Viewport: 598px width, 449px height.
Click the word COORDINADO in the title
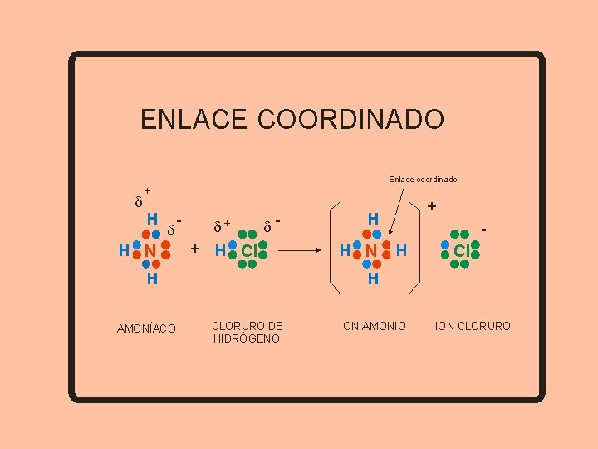[x=351, y=120]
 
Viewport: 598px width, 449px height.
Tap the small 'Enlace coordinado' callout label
[x=423, y=180]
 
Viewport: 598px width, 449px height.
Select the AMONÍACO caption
[x=146, y=329]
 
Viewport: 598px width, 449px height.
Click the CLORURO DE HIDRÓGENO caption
[x=247, y=332]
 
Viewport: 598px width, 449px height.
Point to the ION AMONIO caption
[x=373, y=326]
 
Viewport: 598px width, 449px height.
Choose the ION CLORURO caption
[x=473, y=326]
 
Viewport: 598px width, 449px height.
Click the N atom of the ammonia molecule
[x=150, y=250]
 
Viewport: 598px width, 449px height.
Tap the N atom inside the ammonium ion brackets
[x=372, y=249]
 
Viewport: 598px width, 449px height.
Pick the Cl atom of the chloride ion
[x=462, y=249]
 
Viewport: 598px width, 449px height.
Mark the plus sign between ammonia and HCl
[x=195, y=249]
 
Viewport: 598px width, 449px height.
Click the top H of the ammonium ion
[x=373, y=219]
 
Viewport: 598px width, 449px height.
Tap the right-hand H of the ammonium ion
[x=401, y=249]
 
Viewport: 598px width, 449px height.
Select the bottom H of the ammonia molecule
[x=152, y=279]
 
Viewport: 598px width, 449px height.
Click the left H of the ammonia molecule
[x=124, y=250]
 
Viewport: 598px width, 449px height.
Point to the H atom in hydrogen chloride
[x=220, y=250]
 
